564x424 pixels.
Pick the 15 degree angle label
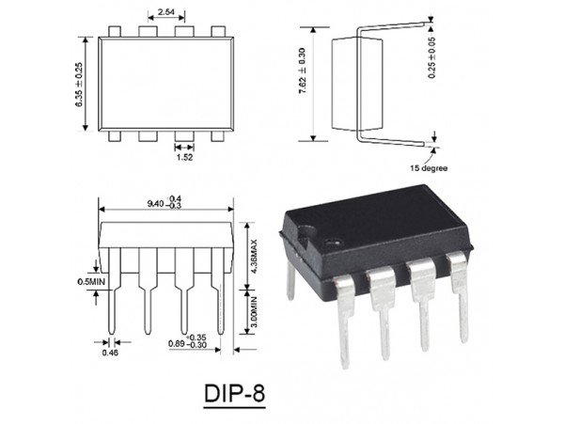click(x=429, y=168)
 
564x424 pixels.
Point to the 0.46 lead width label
click(x=109, y=354)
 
